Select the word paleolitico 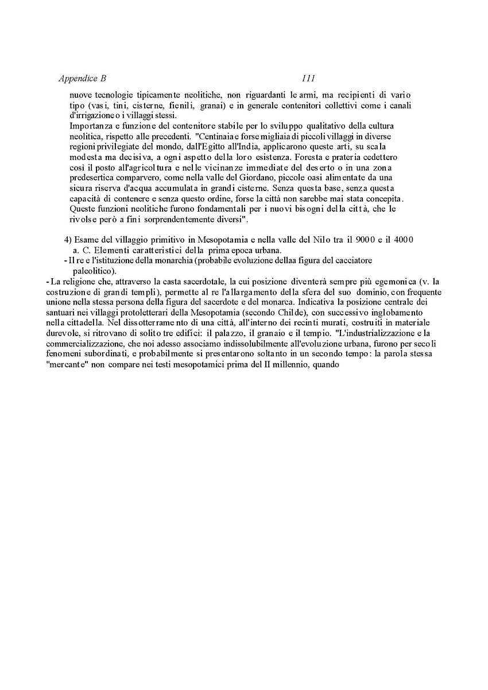93,270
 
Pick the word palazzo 245,333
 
